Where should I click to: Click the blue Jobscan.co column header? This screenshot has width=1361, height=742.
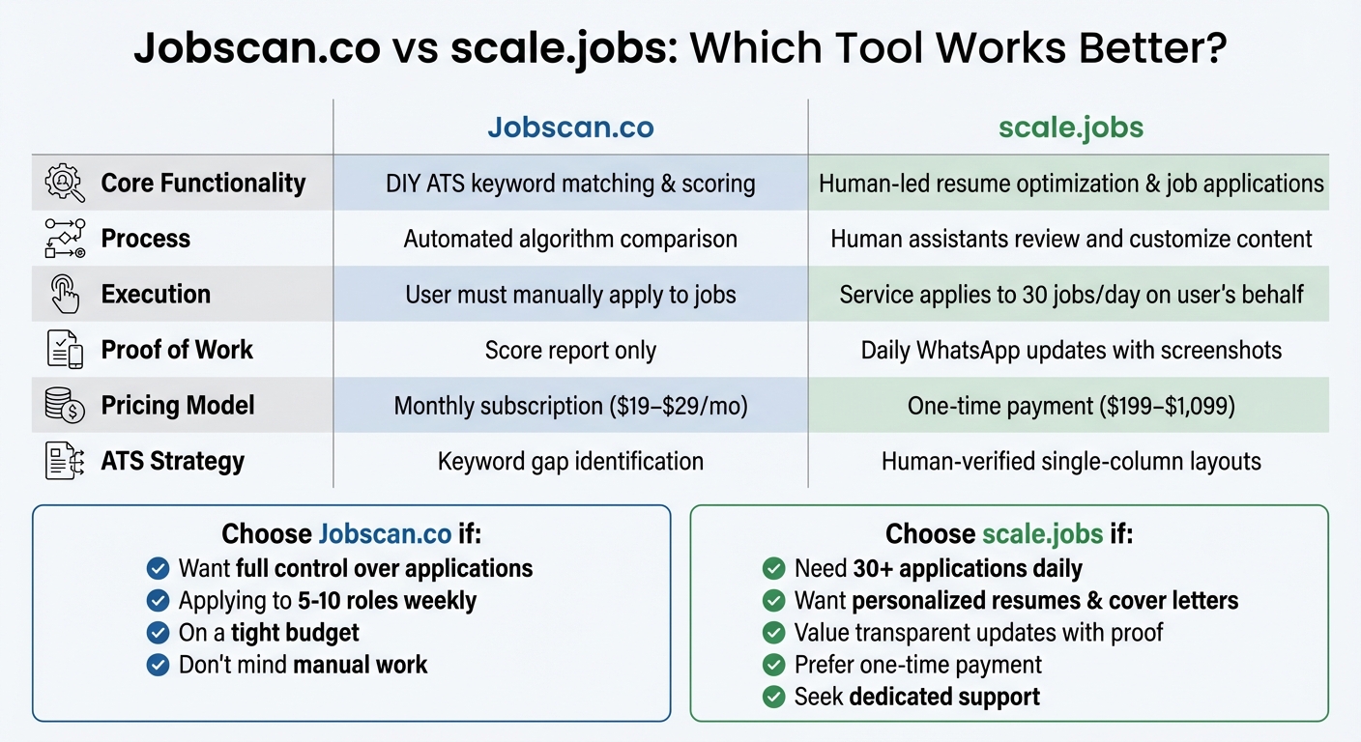[x=570, y=128]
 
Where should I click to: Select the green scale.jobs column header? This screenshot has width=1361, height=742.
[x=1070, y=128]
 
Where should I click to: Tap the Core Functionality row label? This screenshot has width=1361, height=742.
[x=203, y=184]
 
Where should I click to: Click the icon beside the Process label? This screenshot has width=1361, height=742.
[x=65, y=239]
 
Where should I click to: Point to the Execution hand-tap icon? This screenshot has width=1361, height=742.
[x=65, y=295]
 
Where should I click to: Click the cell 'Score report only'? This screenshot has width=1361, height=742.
[x=570, y=350]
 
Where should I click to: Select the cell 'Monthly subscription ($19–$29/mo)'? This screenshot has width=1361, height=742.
[x=570, y=406]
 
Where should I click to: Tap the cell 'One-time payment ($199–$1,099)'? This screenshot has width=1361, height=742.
[x=1070, y=406]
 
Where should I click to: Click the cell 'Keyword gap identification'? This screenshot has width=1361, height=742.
[x=570, y=461]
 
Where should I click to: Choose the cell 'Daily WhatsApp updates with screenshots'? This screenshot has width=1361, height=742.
[x=1070, y=350]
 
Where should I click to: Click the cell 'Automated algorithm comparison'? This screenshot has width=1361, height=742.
[x=570, y=239]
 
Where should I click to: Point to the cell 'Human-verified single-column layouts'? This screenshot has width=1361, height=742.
[x=1070, y=461]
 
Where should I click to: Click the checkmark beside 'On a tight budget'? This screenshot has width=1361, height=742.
[x=158, y=633]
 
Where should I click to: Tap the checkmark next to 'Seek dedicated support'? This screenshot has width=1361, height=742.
[x=773, y=697]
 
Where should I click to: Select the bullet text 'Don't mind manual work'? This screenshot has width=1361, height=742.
[x=303, y=665]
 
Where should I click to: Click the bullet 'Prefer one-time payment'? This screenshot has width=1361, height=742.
[x=917, y=665]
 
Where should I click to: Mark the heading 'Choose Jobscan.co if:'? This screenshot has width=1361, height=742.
[x=351, y=534]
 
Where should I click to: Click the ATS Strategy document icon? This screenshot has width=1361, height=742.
[x=65, y=461]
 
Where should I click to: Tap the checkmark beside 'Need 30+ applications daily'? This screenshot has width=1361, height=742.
[x=773, y=568]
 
